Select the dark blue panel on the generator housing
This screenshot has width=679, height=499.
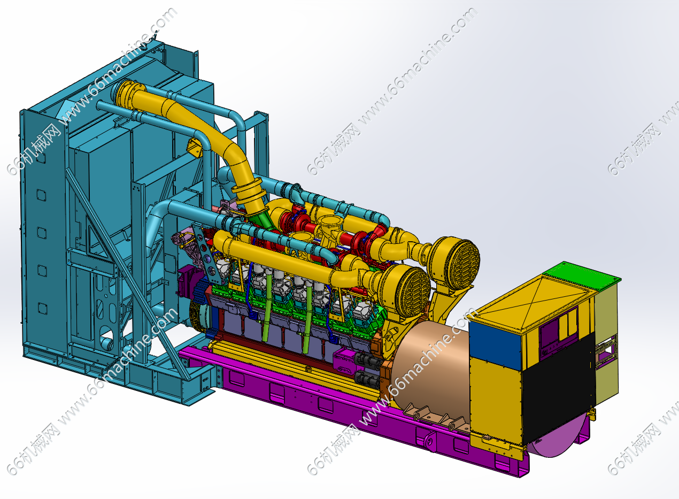[495, 346]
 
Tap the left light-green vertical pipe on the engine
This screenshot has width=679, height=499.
[268, 306]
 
